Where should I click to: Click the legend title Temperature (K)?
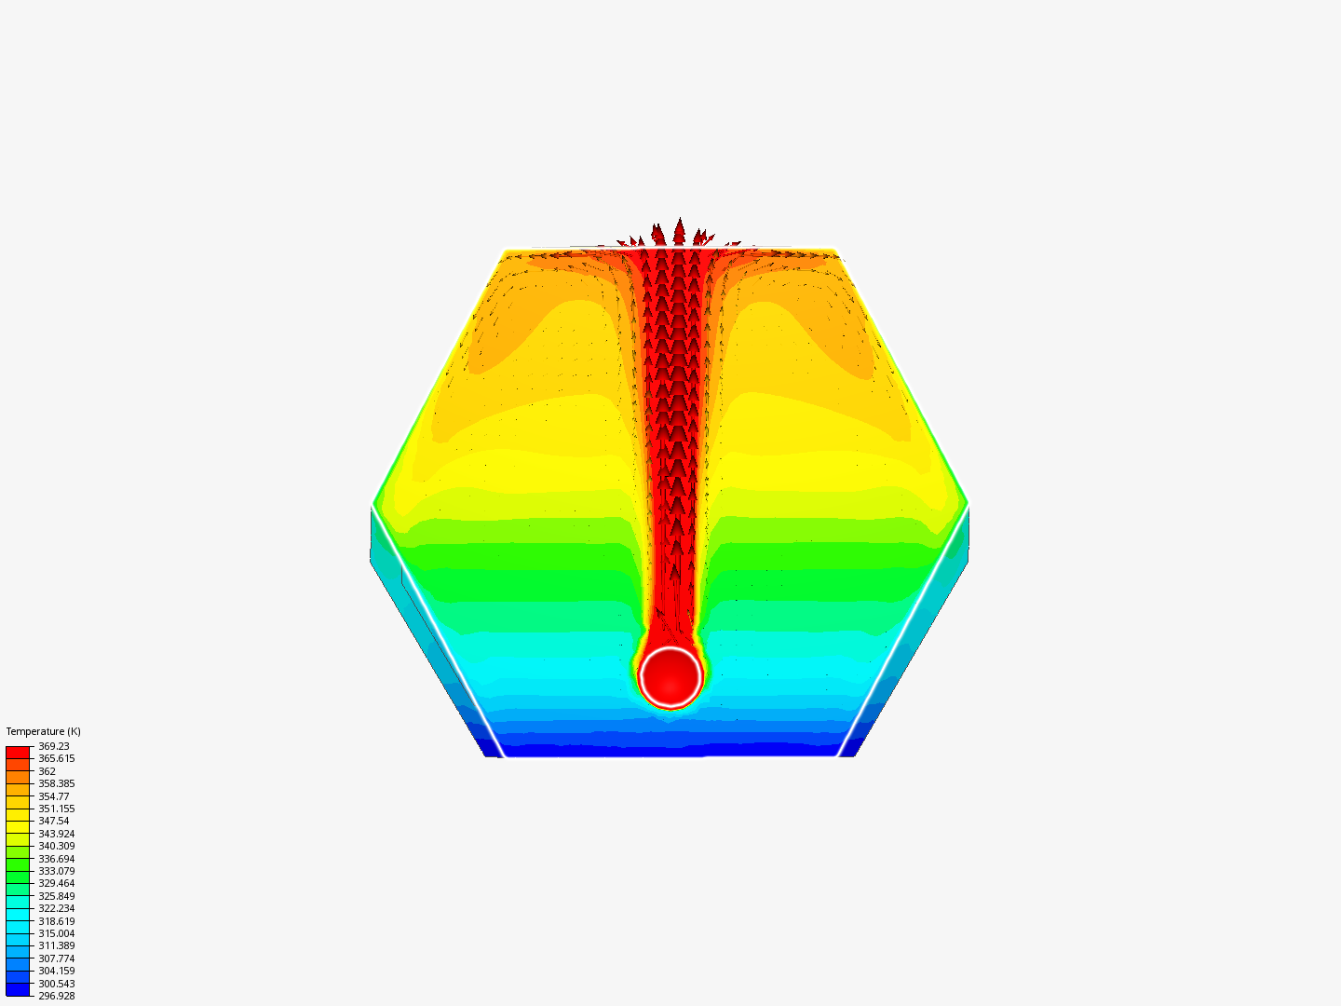(x=43, y=731)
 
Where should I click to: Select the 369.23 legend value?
(x=53, y=746)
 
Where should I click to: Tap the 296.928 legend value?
(x=56, y=996)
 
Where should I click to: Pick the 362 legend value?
(x=47, y=771)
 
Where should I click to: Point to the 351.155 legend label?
(x=56, y=809)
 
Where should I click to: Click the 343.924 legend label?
(x=56, y=834)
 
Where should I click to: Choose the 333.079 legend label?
(x=56, y=871)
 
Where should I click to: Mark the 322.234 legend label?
(x=56, y=908)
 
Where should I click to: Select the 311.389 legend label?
(x=56, y=945)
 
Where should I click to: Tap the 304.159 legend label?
(x=56, y=971)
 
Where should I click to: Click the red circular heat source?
(x=670, y=677)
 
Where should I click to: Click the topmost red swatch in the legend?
(x=18, y=752)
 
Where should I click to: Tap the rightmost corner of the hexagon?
(x=968, y=503)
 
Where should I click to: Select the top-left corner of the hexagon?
(x=506, y=250)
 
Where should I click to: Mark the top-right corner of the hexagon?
(x=835, y=250)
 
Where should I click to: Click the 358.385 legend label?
(x=56, y=783)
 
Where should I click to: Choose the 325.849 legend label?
(x=56, y=896)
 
